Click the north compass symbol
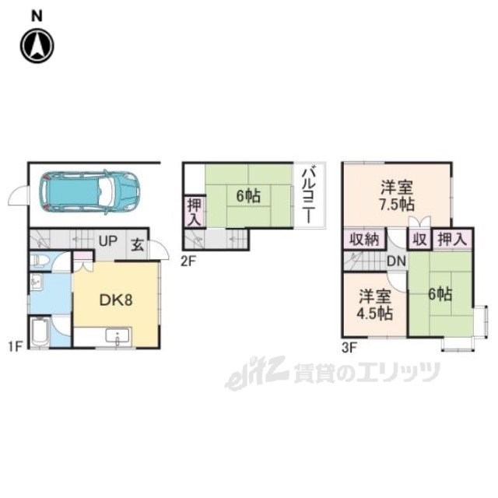(37, 45)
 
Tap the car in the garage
(91, 191)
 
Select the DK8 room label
(115, 300)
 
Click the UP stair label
(107, 242)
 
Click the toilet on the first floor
(43, 261)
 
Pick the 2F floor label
(188, 261)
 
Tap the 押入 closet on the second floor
(194, 212)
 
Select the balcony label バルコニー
(307, 194)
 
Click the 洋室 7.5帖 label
(397, 195)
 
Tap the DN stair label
(395, 261)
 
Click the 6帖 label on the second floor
(248, 195)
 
